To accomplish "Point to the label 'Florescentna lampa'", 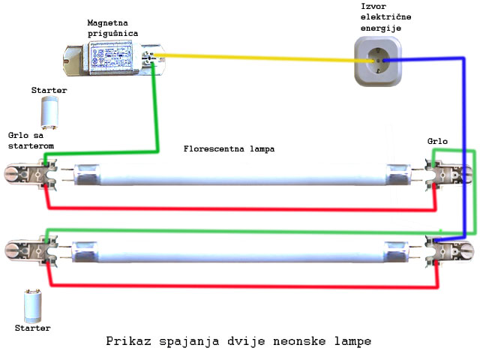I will (229, 148).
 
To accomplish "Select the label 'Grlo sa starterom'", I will (30, 139).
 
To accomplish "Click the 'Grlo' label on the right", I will (437, 140).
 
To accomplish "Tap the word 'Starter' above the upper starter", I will (49, 90).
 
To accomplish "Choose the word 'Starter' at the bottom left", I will (33, 328).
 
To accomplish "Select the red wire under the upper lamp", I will (240, 208).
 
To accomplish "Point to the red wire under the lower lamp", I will (240, 285).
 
